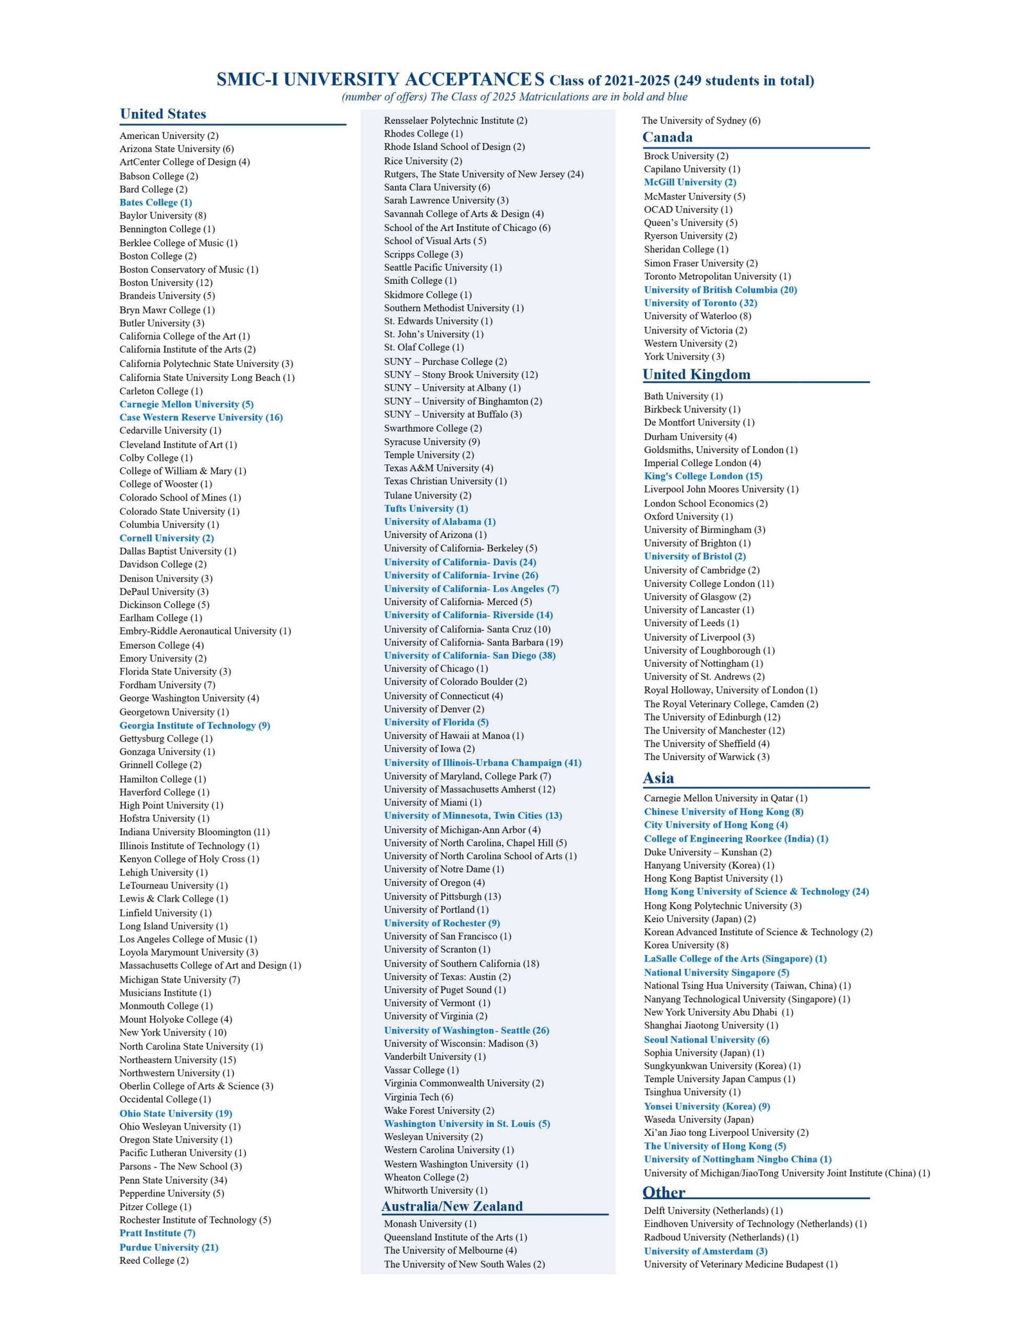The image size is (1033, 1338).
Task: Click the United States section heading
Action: pos(163,114)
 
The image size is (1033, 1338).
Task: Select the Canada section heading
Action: pos(667,137)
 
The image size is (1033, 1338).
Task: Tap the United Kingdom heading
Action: pos(696,374)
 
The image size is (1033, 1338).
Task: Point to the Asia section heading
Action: pos(658,778)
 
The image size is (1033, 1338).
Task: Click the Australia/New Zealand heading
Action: pos(452,1206)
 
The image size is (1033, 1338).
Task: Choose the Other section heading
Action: pos(664,1192)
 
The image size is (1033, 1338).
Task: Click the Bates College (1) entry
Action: pos(156,202)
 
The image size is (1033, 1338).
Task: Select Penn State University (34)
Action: pos(173,1180)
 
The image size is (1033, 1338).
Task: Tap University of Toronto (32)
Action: pos(700,303)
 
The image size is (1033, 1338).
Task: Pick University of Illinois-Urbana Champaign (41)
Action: pos(483,763)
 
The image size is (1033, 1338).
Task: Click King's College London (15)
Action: pos(703,476)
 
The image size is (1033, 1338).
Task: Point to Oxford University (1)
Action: pos(688,516)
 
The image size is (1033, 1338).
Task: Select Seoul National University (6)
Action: pos(706,1040)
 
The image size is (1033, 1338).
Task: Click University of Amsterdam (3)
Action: pos(706,1251)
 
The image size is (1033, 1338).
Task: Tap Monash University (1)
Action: pos(430,1224)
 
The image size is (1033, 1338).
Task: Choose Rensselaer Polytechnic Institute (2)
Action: pos(455,121)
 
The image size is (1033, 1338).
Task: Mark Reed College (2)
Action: pos(154,1260)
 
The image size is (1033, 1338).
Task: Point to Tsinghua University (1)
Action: pos(692,1092)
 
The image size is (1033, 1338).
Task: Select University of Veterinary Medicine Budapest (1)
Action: pos(741,1264)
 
